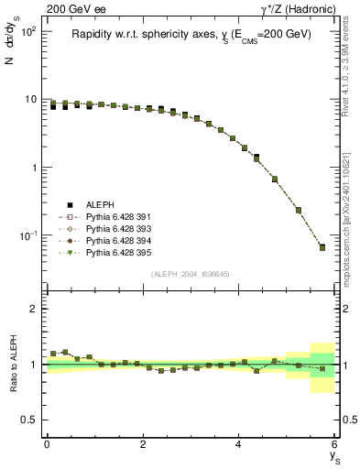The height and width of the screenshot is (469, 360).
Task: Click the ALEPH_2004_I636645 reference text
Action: (x=191, y=274)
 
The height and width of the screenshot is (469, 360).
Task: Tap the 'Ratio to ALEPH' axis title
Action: (x=16, y=364)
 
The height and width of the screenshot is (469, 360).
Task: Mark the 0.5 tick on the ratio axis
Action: (x=31, y=420)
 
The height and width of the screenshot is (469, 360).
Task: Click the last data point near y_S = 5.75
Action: (x=322, y=247)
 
